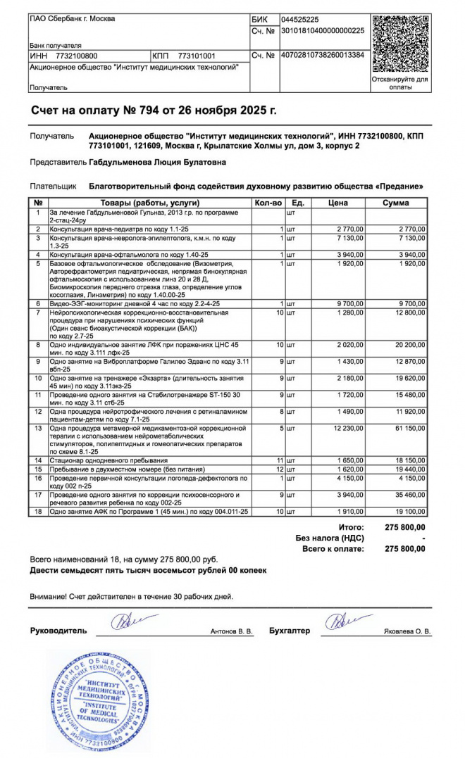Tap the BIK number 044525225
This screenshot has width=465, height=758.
click(300, 20)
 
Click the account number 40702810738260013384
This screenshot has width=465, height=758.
click(323, 55)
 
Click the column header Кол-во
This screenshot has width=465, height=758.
click(268, 203)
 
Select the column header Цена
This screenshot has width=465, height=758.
click(338, 203)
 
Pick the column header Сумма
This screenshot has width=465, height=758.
click(396, 203)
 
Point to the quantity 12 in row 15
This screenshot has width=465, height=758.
click(279, 468)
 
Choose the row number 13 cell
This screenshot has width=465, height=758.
click(38, 428)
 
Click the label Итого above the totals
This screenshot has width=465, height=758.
click(351, 526)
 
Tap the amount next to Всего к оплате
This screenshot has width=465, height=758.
click(405, 548)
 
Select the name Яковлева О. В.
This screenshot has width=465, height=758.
click(407, 631)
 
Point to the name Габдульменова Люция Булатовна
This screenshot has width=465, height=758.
click(158, 162)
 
